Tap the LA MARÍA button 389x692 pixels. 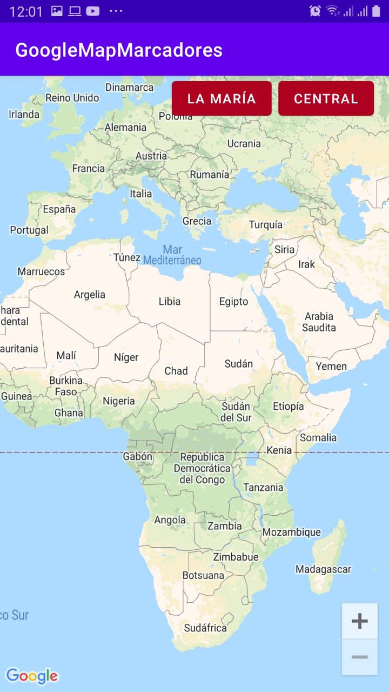[222, 98]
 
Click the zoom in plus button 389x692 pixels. [360, 621]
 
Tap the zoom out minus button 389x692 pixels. [360, 657]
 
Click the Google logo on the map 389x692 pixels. [32, 676]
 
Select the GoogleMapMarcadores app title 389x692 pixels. [119, 50]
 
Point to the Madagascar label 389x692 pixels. [323, 569]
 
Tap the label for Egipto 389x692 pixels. [233, 302]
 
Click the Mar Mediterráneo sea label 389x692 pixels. [172, 255]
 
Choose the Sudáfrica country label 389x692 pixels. [205, 628]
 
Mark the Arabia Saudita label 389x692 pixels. [319, 322]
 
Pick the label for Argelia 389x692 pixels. [90, 295]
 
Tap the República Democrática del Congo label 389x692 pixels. [202, 468]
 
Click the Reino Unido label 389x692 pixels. [72, 98]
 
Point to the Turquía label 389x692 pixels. [265, 224]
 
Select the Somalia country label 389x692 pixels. [318, 437]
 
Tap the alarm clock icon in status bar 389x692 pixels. [315, 11]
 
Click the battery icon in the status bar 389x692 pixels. [376, 11]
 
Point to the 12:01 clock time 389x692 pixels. [26, 11]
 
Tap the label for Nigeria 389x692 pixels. [119, 401]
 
